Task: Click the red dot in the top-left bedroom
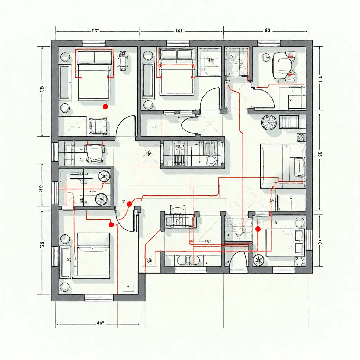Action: click(x=104, y=106)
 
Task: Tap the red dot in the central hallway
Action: click(x=129, y=204)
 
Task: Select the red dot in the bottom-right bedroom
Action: click(x=257, y=229)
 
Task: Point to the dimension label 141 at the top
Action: click(x=179, y=31)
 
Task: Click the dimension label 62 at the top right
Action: click(x=267, y=31)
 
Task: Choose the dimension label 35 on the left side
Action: click(x=42, y=245)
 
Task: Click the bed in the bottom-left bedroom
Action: click(x=93, y=255)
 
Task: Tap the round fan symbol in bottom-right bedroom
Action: click(x=259, y=260)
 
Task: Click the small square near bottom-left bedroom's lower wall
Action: click(x=127, y=286)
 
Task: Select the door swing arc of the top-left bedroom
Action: click(x=125, y=126)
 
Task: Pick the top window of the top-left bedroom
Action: click(x=94, y=43)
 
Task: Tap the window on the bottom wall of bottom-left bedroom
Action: click(x=99, y=298)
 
